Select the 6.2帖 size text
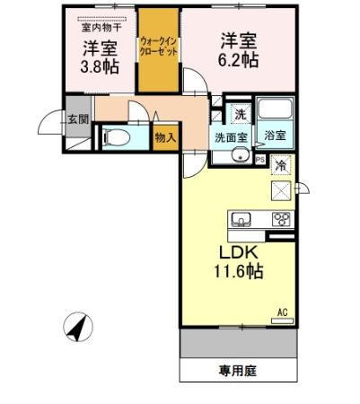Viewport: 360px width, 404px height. point(239,60)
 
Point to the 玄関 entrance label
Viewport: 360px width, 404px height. point(76,118)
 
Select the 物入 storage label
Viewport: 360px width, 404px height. point(164,137)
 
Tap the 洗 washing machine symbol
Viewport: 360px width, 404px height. point(239,114)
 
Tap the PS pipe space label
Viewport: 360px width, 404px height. point(260,160)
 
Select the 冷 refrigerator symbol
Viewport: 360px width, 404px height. point(281,165)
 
